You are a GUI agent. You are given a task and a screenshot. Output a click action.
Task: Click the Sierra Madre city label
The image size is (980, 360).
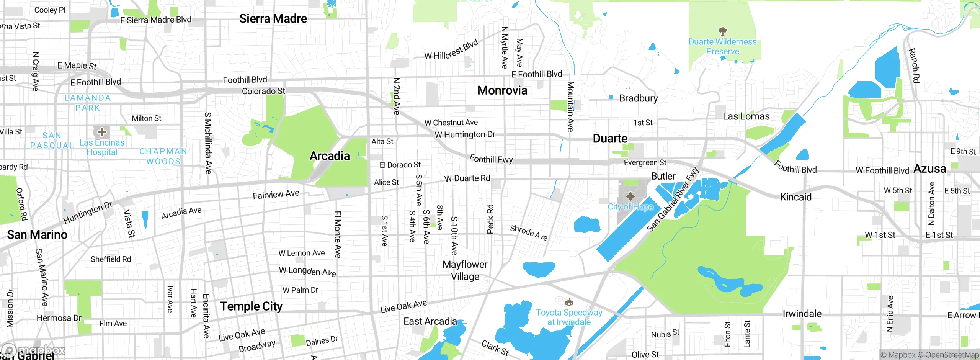click(273, 18)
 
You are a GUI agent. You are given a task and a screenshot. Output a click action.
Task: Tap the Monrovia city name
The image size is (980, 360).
click(502, 90)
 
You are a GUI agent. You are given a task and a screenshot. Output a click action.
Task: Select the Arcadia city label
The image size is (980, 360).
click(330, 156)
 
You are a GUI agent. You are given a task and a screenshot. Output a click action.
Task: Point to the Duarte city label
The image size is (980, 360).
click(610, 139)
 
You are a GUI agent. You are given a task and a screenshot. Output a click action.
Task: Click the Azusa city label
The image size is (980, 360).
click(930, 169)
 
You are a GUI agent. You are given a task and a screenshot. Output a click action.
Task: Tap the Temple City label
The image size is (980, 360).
click(251, 306)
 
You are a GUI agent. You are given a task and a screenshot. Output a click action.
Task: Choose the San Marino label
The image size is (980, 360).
click(37, 235)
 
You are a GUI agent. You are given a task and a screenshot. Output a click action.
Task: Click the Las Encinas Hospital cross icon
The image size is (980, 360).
click(101, 132)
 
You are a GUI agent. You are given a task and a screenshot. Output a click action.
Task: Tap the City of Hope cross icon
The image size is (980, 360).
click(630, 196)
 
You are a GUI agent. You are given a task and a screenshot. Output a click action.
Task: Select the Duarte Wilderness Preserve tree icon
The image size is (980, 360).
click(722, 31)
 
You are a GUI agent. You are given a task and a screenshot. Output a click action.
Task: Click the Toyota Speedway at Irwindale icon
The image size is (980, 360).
click(569, 302)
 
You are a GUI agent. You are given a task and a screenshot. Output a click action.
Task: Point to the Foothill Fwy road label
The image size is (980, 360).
click(491, 159)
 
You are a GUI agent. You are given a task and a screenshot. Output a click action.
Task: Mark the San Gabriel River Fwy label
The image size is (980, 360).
click(673, 200)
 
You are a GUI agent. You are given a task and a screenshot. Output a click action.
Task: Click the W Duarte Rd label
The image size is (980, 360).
click(467, 178)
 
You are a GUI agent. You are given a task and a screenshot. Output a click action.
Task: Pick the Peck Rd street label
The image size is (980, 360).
click(490, 219)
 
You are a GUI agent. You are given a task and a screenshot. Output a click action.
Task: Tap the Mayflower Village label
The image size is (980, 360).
click(465, 270)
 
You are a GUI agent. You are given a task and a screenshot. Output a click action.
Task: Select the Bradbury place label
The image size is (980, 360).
click(638, 98)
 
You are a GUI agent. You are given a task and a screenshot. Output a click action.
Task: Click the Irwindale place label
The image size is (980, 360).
click(802, 314)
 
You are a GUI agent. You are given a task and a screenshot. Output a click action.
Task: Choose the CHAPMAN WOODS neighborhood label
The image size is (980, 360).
click(163, 156)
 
